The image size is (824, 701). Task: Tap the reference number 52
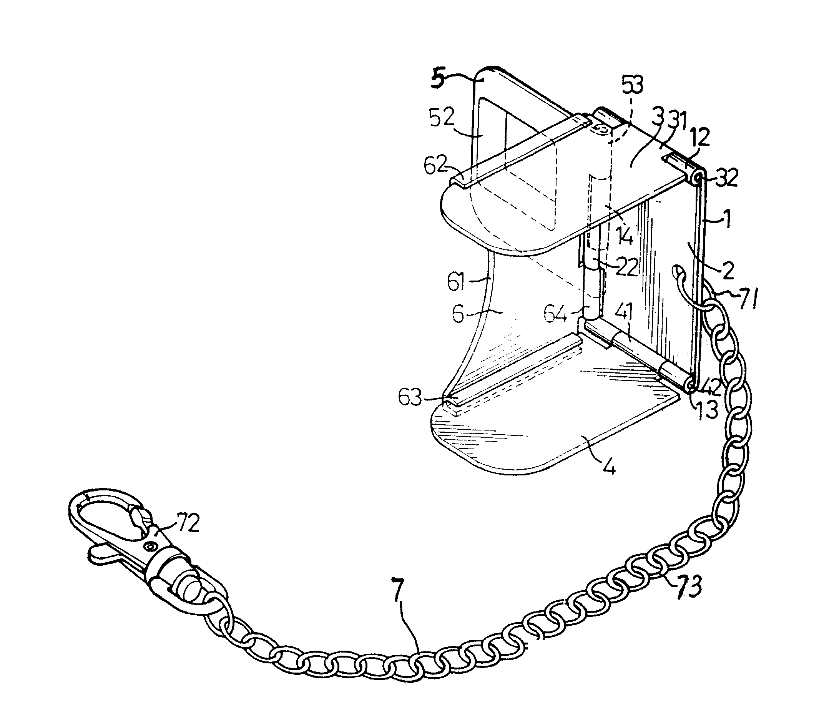point(441,118)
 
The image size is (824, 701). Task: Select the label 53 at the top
point(632,85)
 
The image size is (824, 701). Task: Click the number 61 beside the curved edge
point(456,282)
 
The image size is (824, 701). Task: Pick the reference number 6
point(458,314)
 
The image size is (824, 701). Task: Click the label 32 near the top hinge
point(726,178)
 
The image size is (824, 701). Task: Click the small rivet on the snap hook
point(151,548)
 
